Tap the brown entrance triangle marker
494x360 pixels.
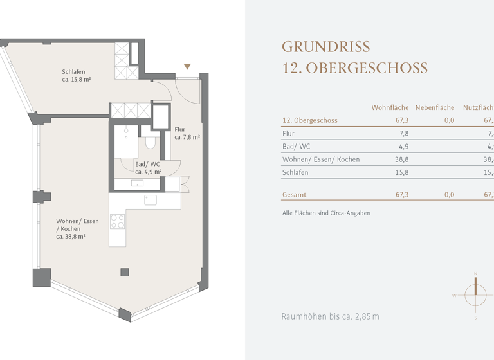pos(187,66)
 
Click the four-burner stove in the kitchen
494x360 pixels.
pos(117,221)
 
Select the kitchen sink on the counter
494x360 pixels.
pos(150,199)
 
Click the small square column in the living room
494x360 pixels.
pos(124,272)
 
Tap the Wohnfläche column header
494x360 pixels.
pos(390,107)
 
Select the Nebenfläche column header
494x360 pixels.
pos(434,107)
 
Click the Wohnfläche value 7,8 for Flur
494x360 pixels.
pos(404,134)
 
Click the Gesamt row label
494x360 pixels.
pos(295,194)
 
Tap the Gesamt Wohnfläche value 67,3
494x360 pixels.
pos(402,194)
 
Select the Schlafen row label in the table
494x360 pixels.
pos(295,172)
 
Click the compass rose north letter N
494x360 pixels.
pos(475,274)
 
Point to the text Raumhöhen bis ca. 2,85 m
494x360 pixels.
pos(330,316)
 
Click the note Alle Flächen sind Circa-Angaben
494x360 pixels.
pos(326,213)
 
